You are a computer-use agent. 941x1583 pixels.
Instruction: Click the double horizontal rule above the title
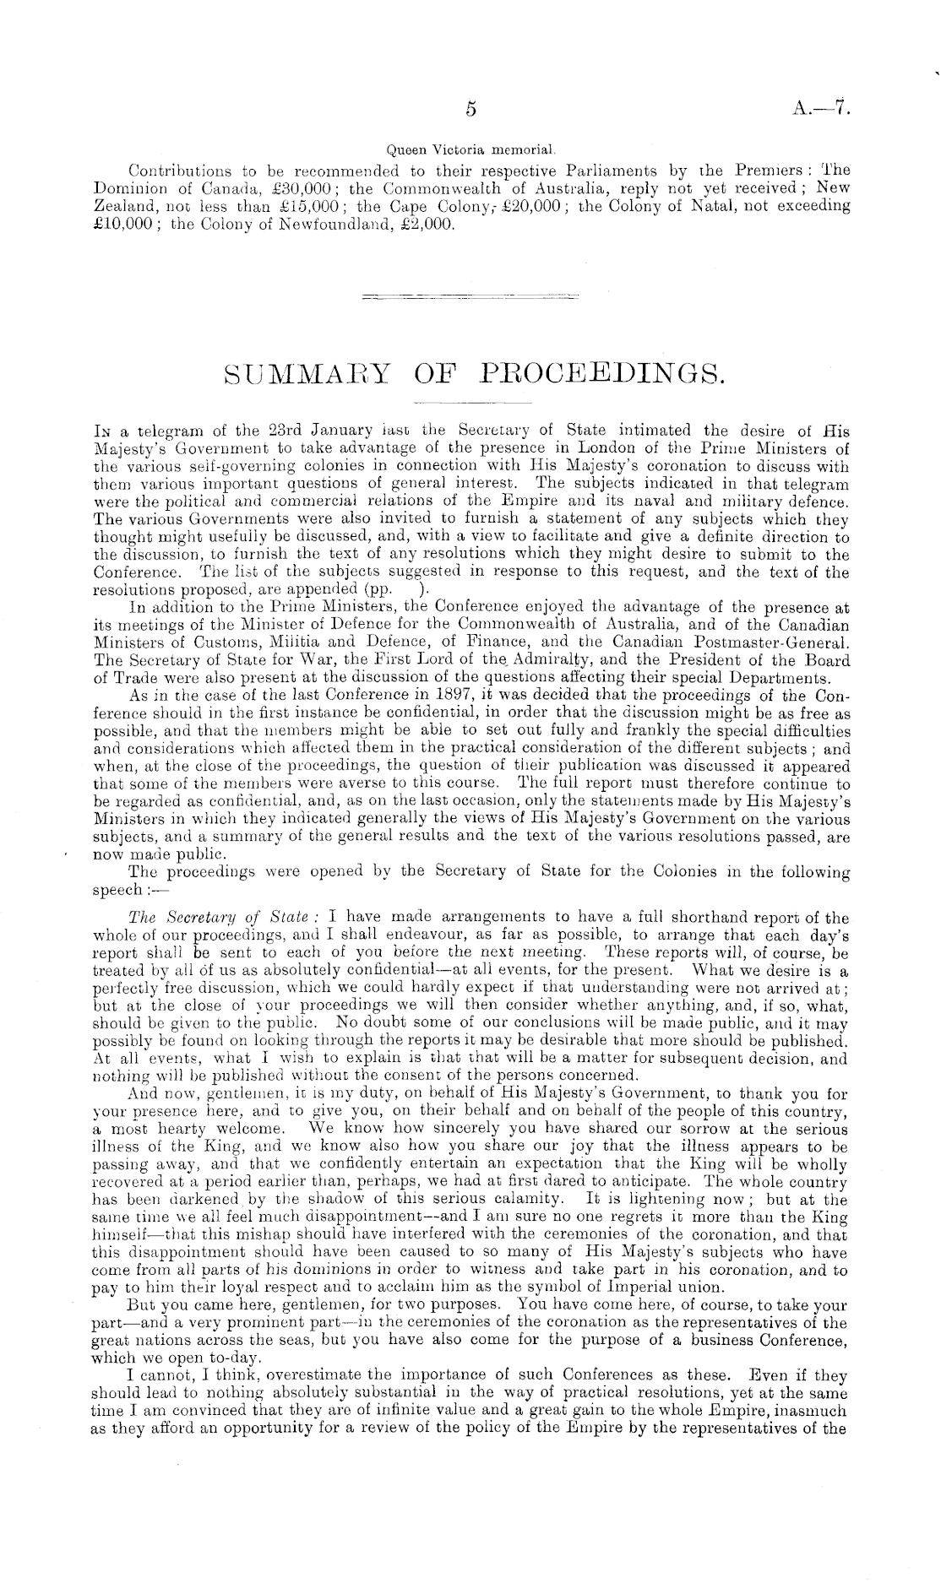470,297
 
